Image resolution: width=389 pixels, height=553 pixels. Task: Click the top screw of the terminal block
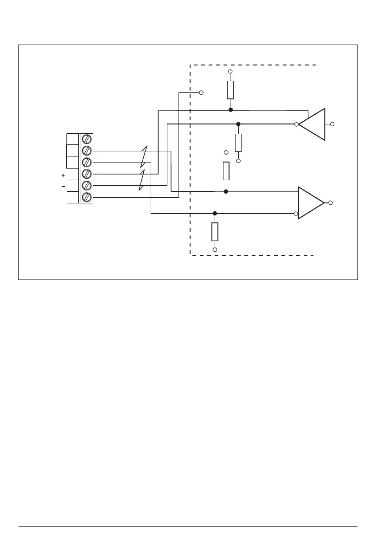click(x=86, y=139)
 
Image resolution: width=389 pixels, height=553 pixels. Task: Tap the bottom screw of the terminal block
click(x=86, y=197)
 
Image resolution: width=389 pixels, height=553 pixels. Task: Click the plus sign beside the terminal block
click(x=63, y=176)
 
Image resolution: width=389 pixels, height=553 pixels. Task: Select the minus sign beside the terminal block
click(x=63, y=187)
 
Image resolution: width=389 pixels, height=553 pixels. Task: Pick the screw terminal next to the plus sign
click(x=86, y=174)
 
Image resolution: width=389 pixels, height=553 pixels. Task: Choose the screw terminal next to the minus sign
click(x=86, y=186)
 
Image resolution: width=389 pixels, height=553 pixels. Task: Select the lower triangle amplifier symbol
click(x=310, y=203)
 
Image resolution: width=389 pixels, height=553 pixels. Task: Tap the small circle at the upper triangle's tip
click(x=296, y=124)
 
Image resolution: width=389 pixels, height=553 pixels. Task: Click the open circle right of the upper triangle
click(x=332, y=124)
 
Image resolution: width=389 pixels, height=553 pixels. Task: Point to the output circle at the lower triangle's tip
click(x=330, y=203)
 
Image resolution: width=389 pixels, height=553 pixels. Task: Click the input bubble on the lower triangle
click(x=296, y=214)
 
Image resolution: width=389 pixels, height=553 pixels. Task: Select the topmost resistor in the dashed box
click(x=230, y=90)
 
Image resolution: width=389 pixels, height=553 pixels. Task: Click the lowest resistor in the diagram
click(x=215, y=232)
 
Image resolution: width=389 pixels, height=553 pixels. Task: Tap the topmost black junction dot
click(x=230, y=110)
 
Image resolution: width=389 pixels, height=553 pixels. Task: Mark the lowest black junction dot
click(x=215, y=214)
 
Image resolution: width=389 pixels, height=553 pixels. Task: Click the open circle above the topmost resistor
click(x=230, y=72)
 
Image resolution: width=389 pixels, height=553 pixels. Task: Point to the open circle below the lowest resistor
click(x=215, y=250)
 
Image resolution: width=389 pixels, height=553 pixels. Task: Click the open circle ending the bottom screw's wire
click(x=201, y=92)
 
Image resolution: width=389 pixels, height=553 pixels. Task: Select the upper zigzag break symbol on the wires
click(x=144, y=156)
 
